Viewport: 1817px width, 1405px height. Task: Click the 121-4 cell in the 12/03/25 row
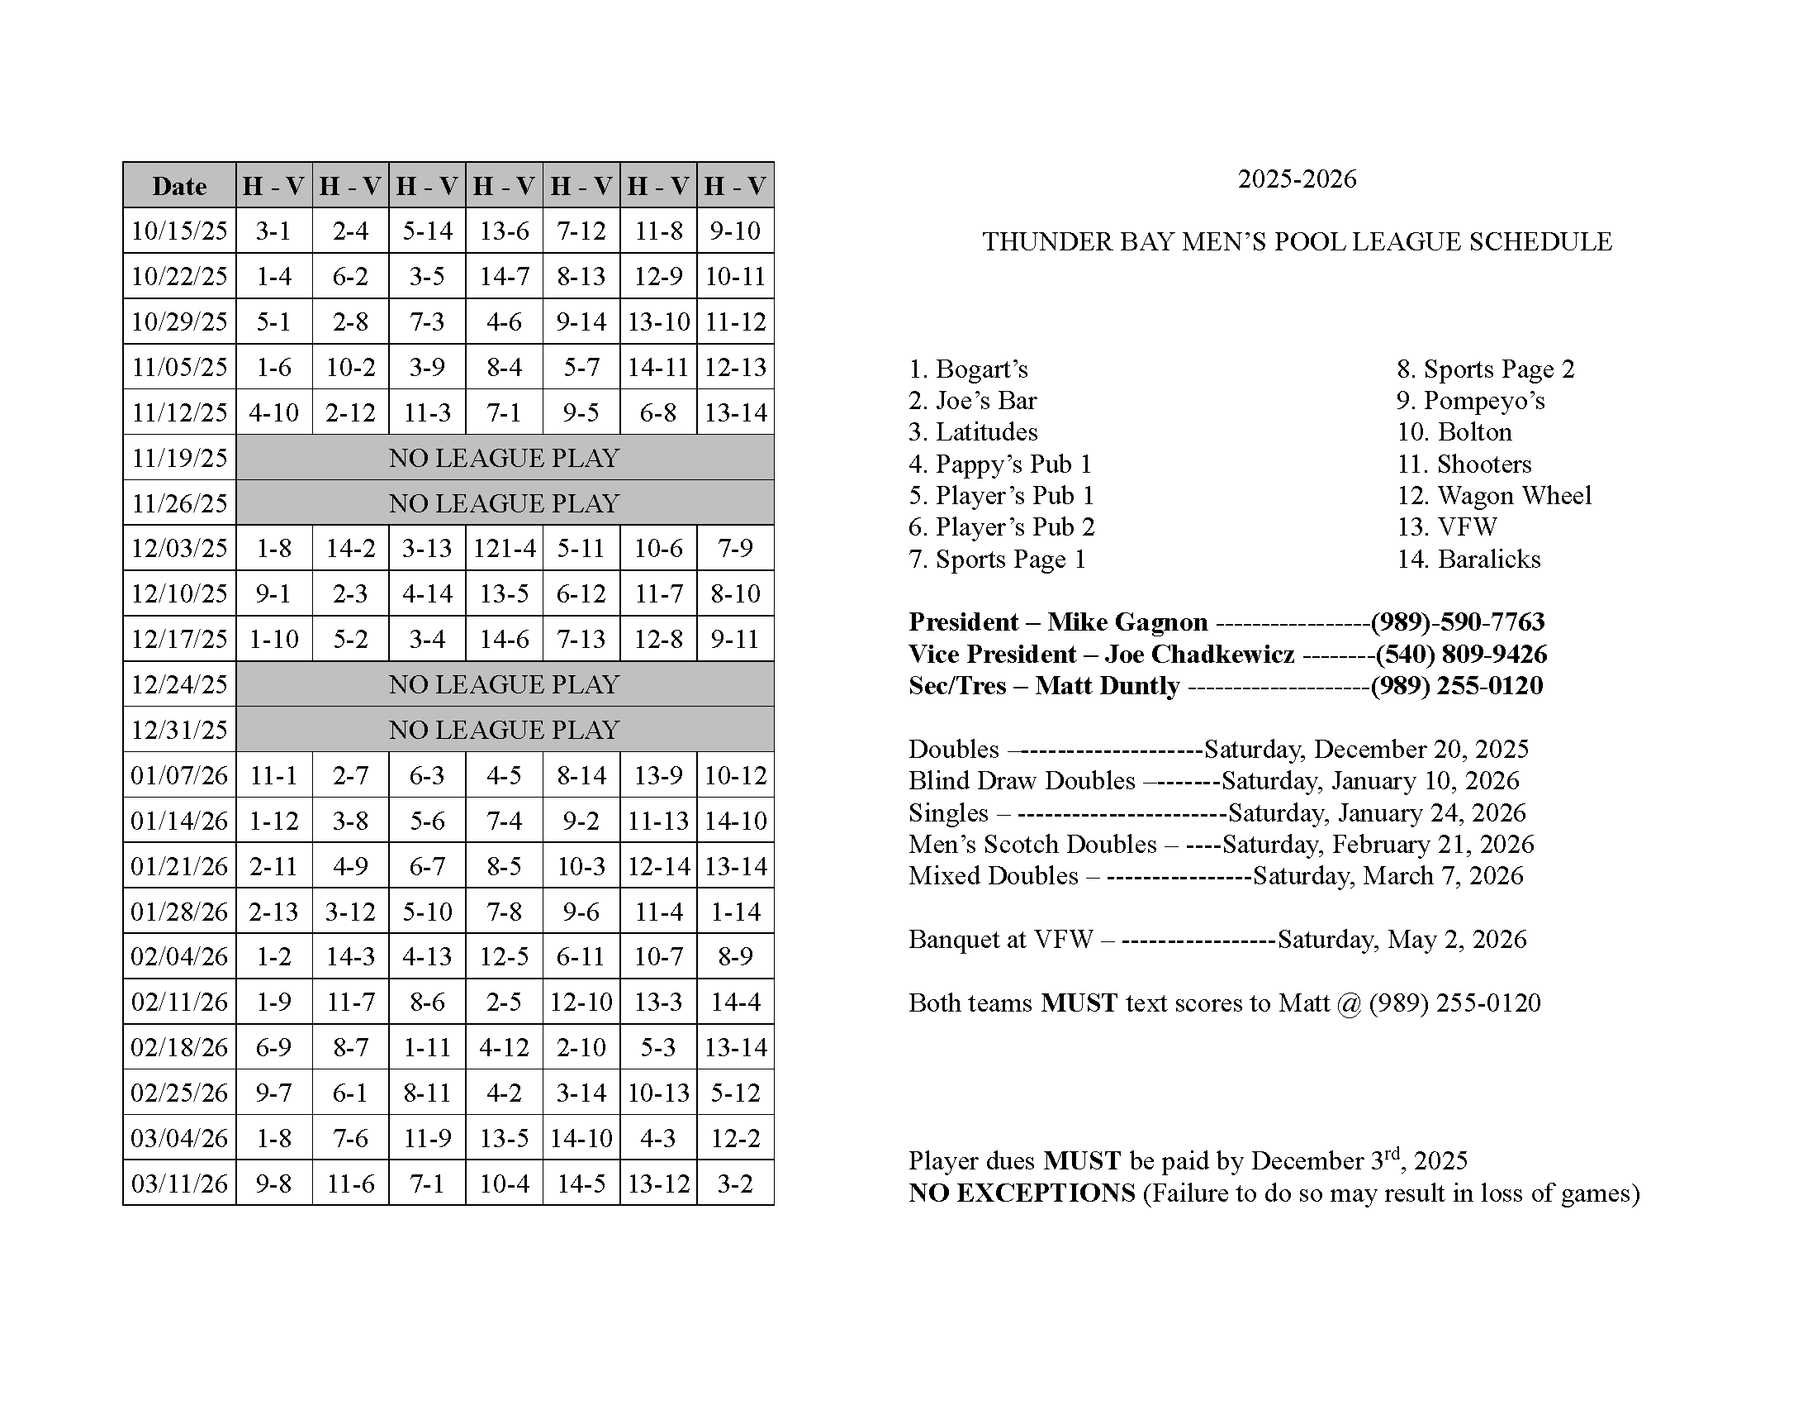point(504,549)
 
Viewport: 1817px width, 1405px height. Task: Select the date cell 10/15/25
point(180,231)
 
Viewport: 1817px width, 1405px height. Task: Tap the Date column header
point(180,186)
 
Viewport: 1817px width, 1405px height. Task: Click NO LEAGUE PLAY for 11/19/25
point(504,458)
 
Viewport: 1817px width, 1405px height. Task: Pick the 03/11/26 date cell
point(180,1184)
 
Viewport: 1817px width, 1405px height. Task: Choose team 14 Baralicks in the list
point(1468,560)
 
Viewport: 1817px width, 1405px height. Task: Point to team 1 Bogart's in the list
point(969,369)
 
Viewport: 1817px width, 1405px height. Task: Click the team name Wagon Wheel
point(1514,496)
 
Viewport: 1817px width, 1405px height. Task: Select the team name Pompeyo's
point(1484,401)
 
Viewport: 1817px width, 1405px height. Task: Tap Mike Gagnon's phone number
point(1458,622)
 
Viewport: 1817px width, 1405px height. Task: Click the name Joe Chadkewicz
point(1200,655)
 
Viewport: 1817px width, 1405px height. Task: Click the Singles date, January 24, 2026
point(1377,813)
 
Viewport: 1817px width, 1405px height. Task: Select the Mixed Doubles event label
point(994,876)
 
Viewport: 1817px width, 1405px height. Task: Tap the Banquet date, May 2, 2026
point(1402,940)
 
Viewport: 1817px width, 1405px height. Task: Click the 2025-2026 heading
point(1297,180)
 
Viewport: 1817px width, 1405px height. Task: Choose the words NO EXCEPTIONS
point(1022,1193)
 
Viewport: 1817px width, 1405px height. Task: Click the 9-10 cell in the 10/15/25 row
point(735,231)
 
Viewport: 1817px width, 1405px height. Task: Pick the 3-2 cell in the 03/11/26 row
point(735,1184)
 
